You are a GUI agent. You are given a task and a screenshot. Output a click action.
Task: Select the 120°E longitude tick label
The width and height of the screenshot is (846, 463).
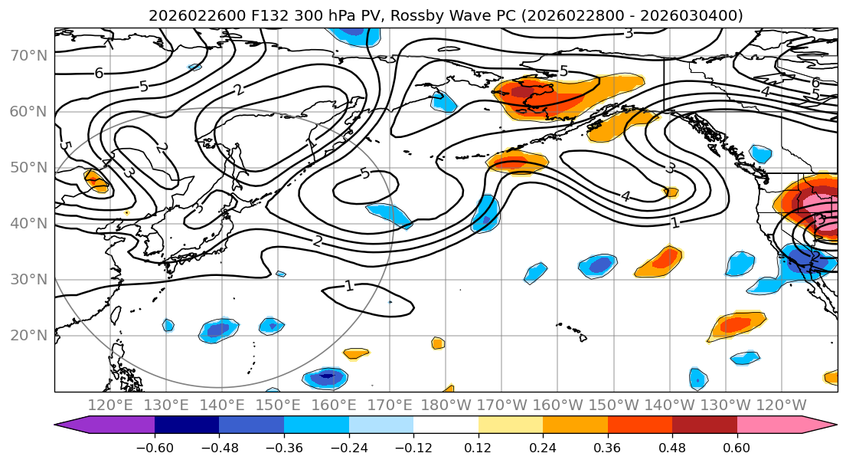110,405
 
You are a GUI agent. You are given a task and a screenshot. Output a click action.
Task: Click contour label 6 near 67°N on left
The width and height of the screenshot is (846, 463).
99,74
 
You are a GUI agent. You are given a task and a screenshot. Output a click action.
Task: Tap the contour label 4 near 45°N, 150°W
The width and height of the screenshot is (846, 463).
626,197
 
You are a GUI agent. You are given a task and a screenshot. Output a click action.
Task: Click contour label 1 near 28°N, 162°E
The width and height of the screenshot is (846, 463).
348,286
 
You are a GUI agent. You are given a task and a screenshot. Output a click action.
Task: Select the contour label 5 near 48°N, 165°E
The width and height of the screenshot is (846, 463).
364,173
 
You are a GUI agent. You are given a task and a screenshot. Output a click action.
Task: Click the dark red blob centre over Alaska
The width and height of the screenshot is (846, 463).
523,92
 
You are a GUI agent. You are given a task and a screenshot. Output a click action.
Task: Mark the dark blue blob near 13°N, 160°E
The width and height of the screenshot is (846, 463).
328,376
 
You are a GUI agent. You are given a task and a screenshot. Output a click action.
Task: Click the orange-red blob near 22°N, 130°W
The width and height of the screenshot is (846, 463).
736,324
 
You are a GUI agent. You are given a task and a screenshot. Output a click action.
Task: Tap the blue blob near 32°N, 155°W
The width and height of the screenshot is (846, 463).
599,265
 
